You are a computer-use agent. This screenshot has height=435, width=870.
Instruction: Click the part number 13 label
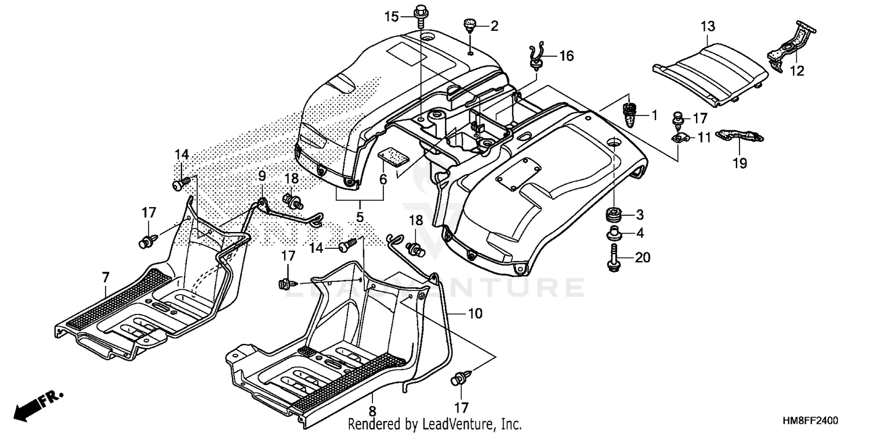pyautogui.click(x=708, y=26)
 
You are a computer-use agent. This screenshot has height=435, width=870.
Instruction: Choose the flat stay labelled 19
pyautogui.click(x=741, y=136)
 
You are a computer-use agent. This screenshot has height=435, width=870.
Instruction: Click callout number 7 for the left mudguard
pyautogui.click(x=106, y=278)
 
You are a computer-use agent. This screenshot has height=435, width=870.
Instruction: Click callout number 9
pyautogui.click(x=262, y=175)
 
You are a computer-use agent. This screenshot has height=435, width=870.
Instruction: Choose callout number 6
pyautogui.click(x=383, y=180)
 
